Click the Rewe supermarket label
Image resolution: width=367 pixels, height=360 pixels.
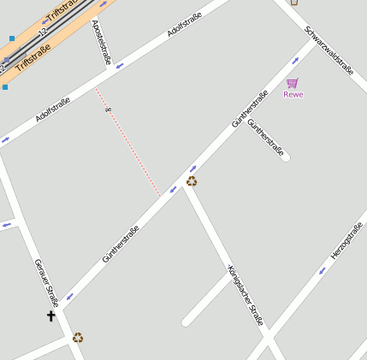click(293, 94)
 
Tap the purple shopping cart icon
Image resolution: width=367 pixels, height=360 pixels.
click(293, 83)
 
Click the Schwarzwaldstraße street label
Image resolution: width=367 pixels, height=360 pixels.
click(329, 50)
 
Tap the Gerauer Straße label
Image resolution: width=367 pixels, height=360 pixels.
click(46, 282)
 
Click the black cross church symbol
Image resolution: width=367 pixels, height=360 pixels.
click(50, 316)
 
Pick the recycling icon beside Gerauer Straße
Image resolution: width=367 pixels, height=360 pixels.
click(78, 338)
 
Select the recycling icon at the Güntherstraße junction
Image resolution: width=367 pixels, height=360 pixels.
click(192, 180)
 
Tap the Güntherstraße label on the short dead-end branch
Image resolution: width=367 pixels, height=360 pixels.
click(265, 136)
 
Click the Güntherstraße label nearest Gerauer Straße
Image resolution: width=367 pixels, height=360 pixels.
click(121, 244)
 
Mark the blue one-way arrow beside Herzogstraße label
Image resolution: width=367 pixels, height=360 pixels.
click(323, 271)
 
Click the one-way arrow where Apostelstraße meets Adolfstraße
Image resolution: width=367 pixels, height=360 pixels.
click(120, 64)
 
